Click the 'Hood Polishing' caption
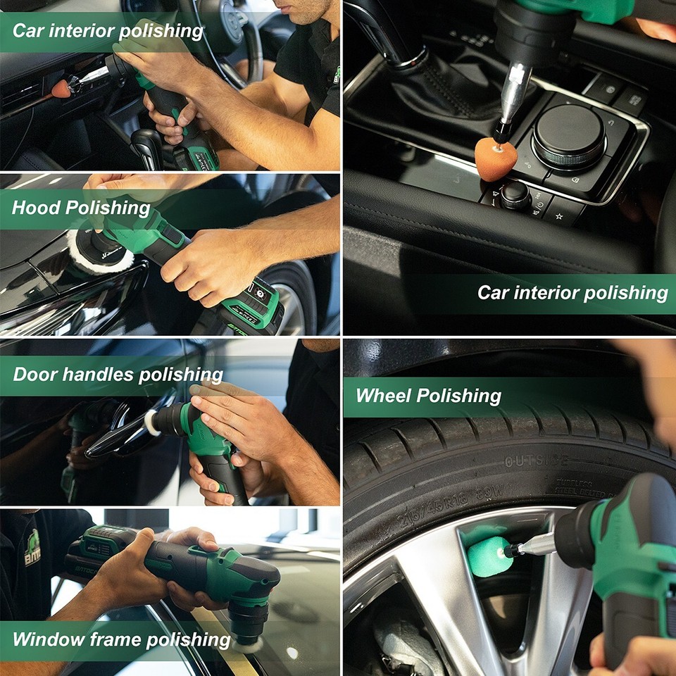click(81, 208)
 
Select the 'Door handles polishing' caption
click(118, 374)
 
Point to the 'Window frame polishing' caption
click(121, 639)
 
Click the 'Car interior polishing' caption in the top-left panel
click(108, 31)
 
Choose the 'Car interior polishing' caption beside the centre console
click(572, 292)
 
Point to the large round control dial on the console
click(569, 136)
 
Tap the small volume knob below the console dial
click(515, 194)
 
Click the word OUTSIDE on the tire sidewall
click(536, 461)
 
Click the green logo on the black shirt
click(32, 547)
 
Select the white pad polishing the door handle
click(151, 423)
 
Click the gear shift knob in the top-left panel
click(148, 144)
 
